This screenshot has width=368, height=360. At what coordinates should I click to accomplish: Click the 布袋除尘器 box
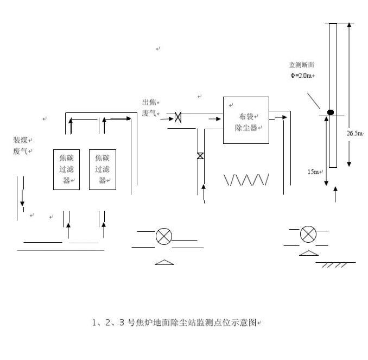click(246, 120)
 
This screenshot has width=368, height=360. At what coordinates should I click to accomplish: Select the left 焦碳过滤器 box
click(67, 169)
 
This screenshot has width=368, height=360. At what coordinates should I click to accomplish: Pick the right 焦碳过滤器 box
click(103, 169)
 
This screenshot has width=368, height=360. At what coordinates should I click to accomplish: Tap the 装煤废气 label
click(23, 146)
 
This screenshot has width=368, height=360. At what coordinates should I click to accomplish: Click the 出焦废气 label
click(150, 108)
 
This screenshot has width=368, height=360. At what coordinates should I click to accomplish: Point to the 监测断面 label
click(302, 65)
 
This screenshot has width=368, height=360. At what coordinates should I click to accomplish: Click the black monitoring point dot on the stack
click(330, 112)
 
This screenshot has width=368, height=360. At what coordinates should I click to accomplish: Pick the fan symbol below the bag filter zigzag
click(163, 237)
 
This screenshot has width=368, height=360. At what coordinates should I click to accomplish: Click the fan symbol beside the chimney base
click(308, 234)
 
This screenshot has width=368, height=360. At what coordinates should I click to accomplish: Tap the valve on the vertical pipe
click(200, 156)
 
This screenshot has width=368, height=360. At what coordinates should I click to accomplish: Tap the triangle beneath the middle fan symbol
click(164, 262)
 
